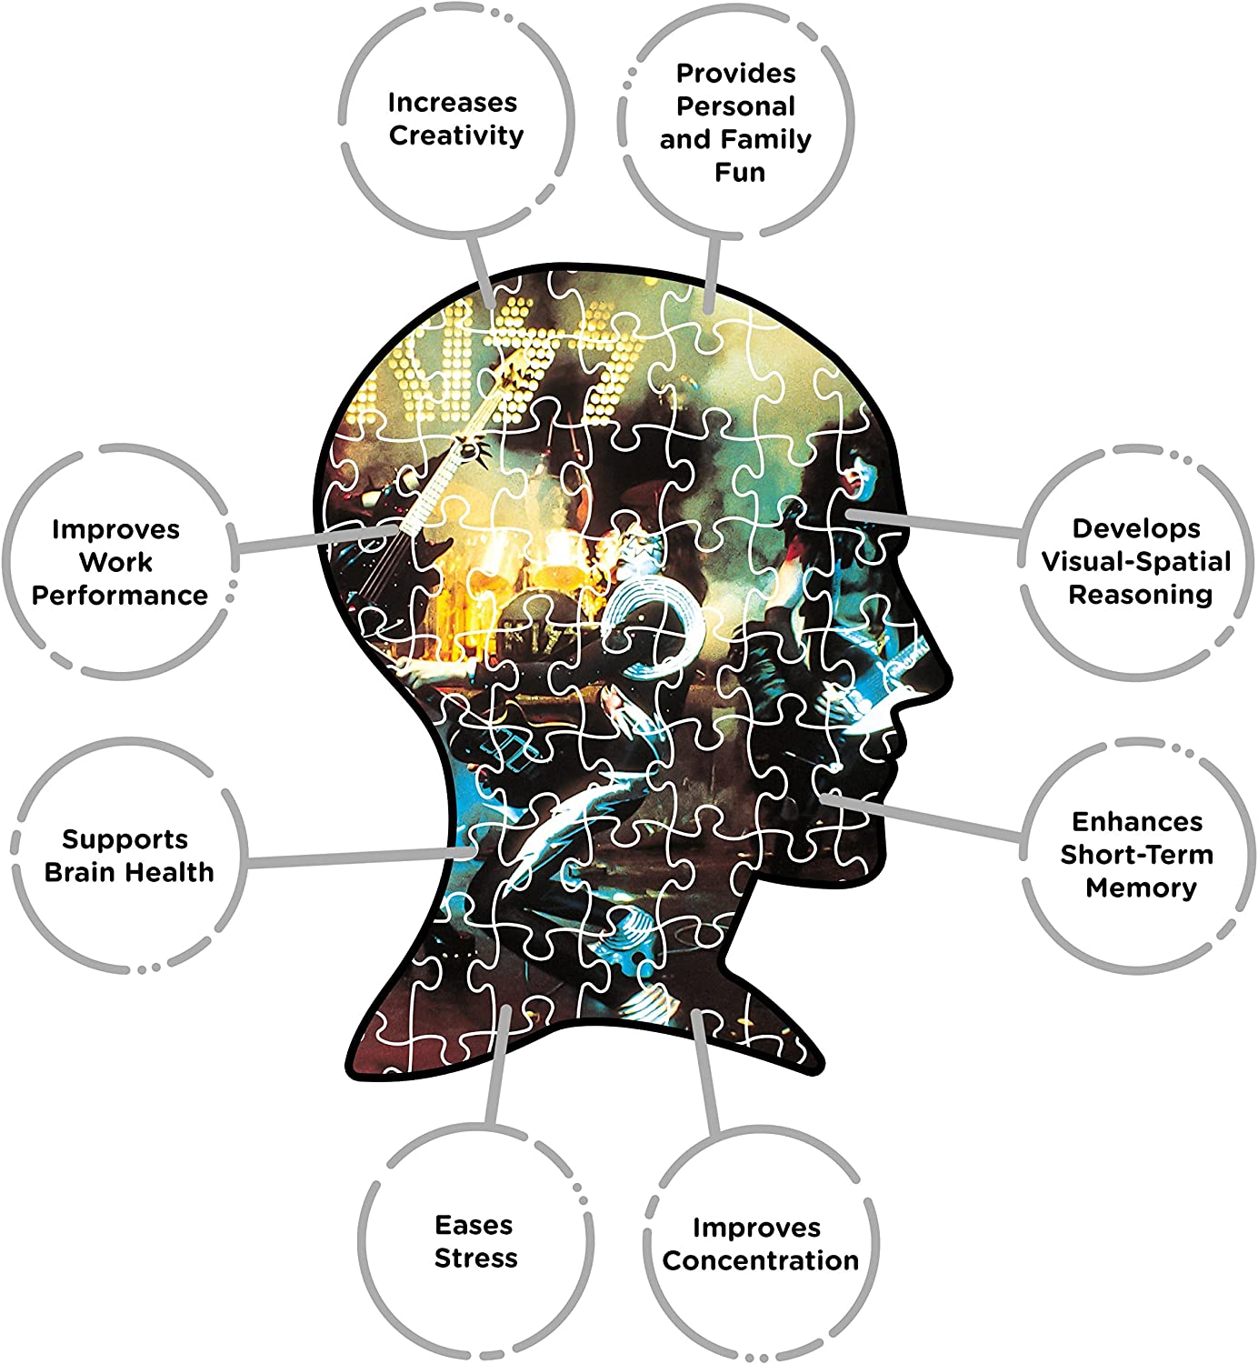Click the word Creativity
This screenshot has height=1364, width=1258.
[x=456, y=135]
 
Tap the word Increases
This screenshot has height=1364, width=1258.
[x=453, y=103]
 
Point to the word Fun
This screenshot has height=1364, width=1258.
[x=740, y=172]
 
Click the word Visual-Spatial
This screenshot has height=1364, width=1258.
[x=1136, y=561]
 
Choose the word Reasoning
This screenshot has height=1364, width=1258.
[x=1141, y=594]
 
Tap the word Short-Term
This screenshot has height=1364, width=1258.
[x=1136, y=855]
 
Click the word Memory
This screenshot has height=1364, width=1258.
[x=1142, y=888]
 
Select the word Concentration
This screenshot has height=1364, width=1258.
[x=760, y=1260]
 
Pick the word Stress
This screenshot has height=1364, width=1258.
[x=476, y=1258]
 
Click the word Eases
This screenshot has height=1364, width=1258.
[x=474, y=1225]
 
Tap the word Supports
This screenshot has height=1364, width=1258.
[x=125, y=839]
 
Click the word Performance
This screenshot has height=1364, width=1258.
[x=119, y=595]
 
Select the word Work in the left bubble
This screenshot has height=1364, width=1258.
[x=115, y=562]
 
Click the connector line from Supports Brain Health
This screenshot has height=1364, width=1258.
[x=361, y=858]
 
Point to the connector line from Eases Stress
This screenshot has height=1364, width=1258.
[x=498, y=1066]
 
